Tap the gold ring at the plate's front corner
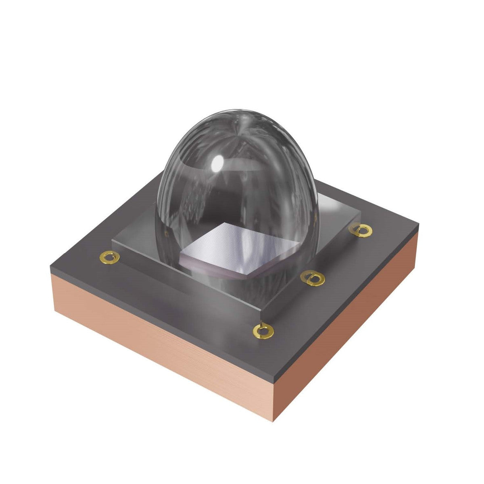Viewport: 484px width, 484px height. click(263, 331)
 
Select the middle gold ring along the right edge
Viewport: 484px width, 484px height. click(313, 278)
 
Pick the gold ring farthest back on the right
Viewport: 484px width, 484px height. click(360, 229)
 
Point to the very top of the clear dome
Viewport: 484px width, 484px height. click(240, 111)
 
